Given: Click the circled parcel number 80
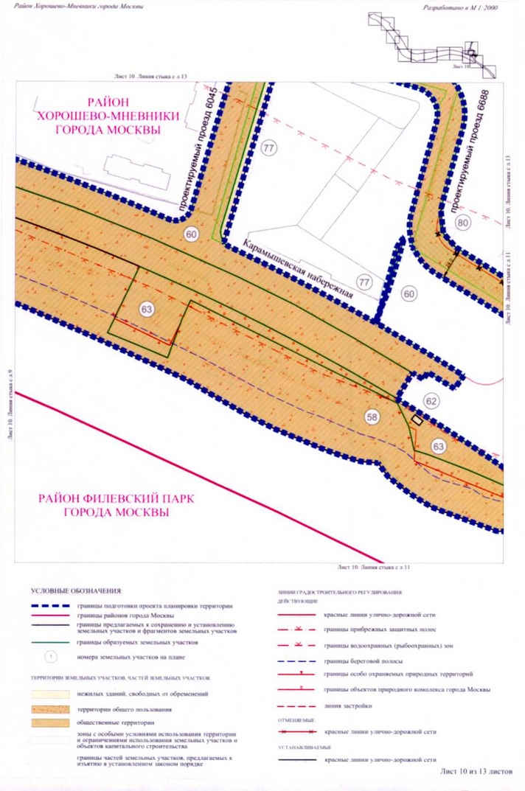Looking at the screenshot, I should [463, 223].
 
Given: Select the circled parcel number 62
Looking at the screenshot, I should [431, 402].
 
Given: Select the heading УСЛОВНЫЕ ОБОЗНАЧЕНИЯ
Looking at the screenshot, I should [76, 591].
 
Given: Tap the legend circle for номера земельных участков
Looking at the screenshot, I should [49, 656].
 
